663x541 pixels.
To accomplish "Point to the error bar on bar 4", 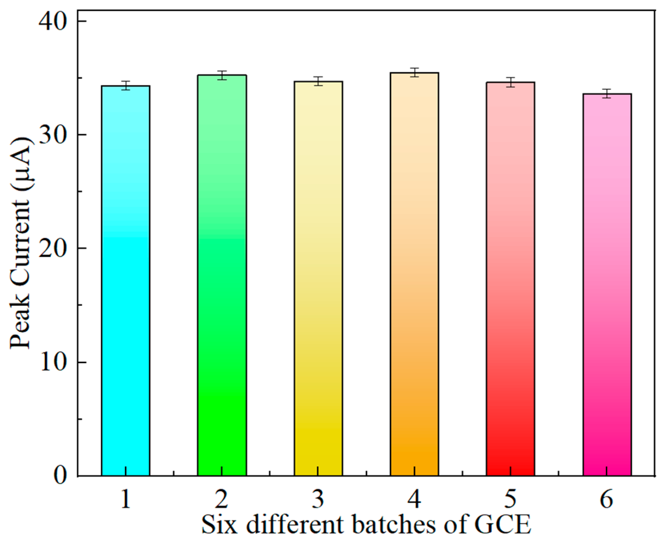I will pos(414,72).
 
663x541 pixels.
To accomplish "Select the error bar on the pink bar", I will pos(607,94).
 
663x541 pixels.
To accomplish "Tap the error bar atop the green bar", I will pos(222,75).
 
